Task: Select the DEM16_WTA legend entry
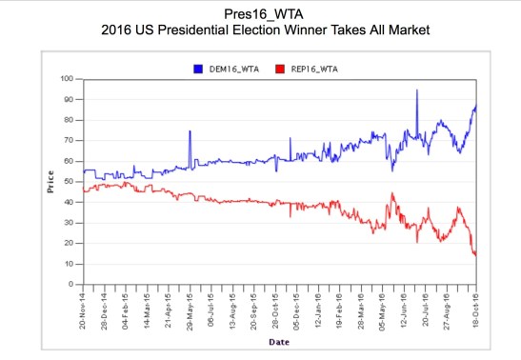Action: coord(218,69)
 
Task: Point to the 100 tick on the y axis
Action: coord(67,78)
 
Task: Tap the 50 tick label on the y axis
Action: coord(69,181)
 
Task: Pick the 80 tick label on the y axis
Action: coord(69,120)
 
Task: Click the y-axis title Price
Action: coord(50,181)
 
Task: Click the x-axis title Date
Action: coord(279,341)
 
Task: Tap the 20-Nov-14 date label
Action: coord(84,309)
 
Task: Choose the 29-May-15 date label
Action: coord(190,309)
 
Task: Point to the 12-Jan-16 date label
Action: coord(319,309)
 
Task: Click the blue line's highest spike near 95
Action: coord(416,90)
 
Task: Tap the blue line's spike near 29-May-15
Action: coord(190,131)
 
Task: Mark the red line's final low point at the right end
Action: coord(475,254)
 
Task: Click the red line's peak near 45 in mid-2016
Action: coord(392,193)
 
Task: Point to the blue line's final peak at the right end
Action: coord(475,106)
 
